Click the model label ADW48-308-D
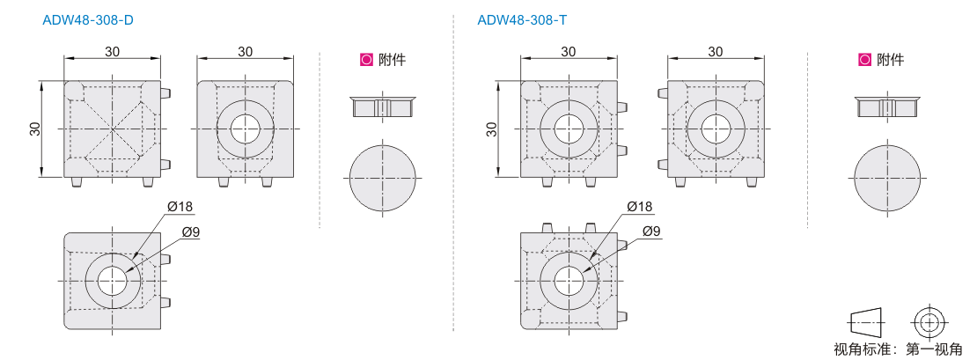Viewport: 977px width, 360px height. coord(88,20)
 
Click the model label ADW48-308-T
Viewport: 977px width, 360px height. coord(522,20)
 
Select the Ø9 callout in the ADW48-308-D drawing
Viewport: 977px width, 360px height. coord(191,231)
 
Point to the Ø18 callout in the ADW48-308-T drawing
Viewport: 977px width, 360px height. coord(639,206)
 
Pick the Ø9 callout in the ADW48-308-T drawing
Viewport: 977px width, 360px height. coord(651,231)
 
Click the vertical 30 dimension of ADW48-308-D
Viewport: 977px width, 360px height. coord(35,129)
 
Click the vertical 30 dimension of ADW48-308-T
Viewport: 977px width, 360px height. coord(492,129)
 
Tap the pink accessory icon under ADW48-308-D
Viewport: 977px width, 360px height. coord(366,60)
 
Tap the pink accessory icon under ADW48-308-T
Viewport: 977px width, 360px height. coord(864,60)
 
